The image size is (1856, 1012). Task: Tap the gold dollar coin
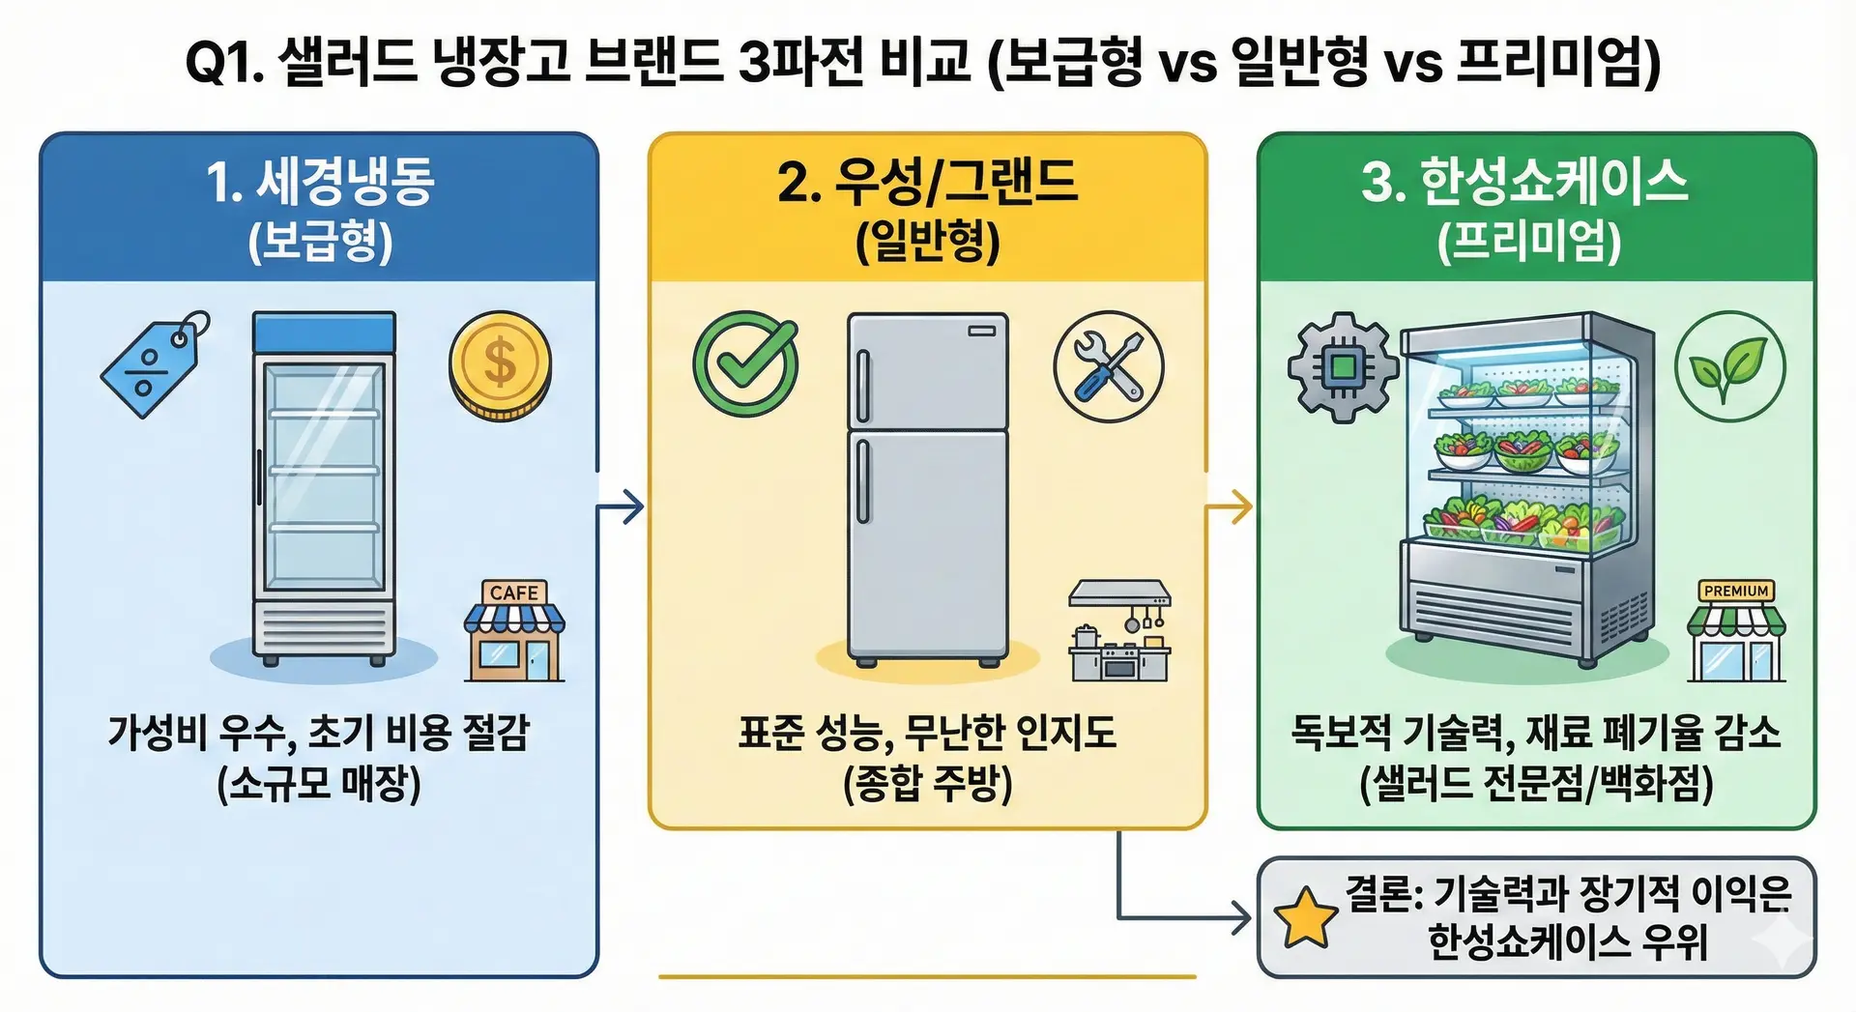point(500,365)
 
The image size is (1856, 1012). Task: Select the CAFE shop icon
point(514,631)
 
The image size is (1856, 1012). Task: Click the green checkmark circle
point(745,364)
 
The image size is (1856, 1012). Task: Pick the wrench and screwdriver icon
point(1108,366)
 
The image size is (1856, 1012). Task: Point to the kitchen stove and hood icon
point(1119,631)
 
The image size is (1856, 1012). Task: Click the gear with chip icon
point(1343,367)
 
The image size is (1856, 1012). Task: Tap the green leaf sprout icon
point(1729,366)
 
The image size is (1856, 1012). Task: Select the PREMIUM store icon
point(1736,631)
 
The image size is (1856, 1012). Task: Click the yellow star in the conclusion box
point(1305,916)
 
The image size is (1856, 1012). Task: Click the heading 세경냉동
point(344,182)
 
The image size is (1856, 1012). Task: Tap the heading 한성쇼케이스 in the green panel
point(1552,182)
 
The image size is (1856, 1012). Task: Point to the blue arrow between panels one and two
point(622,506)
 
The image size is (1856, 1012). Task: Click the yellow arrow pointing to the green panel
point(1231,506)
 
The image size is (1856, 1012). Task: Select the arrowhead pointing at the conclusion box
point(1241,918)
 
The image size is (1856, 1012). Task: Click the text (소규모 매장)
point(319,783)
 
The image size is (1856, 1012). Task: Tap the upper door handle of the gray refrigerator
point(863,386)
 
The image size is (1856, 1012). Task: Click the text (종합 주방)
point(927,783)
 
